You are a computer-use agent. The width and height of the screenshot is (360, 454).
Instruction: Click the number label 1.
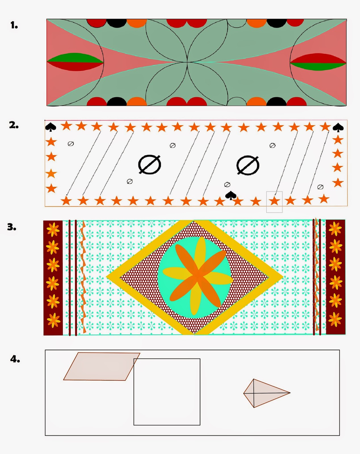point(14,26)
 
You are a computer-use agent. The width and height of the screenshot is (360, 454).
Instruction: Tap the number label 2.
point(14,125)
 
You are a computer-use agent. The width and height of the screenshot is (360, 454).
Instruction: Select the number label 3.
point(12,227)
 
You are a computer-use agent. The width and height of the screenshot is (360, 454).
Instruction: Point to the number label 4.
point(15,359)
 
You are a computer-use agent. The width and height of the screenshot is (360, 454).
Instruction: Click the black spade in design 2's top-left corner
point(50,127)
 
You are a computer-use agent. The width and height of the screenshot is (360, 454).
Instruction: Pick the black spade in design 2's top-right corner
point(338,128)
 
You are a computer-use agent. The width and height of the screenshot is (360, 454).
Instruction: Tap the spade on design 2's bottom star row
point(231,195)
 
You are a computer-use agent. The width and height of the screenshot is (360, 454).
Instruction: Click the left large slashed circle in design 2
point(150,165)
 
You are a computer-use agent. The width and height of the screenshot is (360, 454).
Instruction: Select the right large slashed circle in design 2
point(248,165)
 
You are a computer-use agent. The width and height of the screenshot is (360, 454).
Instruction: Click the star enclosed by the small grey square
point(274,201)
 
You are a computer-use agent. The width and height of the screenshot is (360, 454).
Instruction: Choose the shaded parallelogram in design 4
point(102,366)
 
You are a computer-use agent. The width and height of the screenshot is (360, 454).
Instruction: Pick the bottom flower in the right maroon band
point(335,319)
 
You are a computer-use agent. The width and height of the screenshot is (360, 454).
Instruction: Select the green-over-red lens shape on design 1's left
point(75,62)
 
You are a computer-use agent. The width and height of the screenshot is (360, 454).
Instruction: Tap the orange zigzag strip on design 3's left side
point(83,277)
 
